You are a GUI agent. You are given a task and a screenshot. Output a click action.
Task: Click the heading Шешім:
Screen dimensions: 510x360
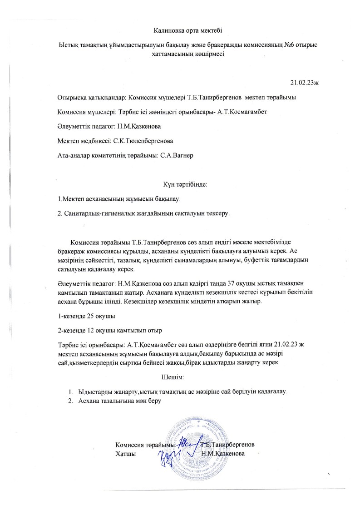(173, 377)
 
